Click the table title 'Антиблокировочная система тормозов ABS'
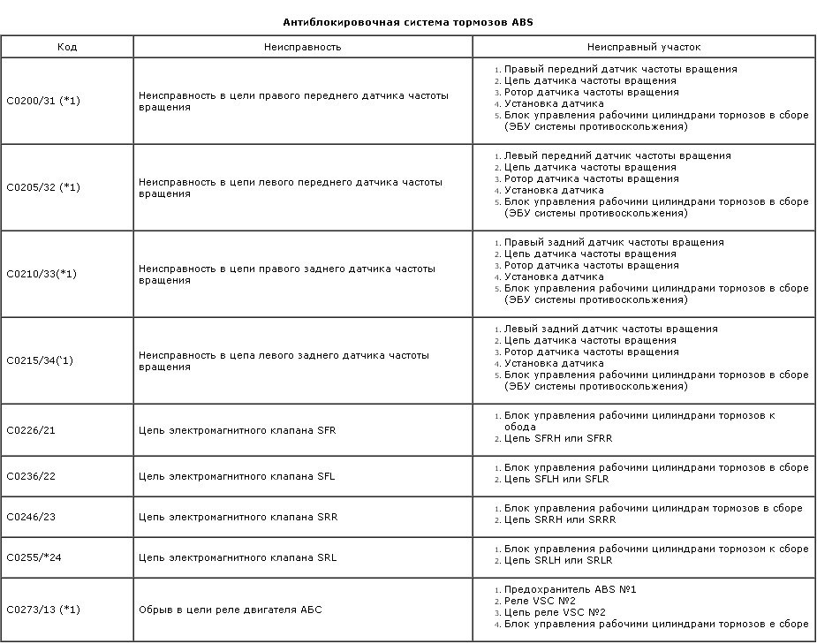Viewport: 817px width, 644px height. (x=408, y=22)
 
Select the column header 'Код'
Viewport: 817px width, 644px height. (x=67, y=47)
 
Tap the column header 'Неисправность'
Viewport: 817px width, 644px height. (x=302, y=47)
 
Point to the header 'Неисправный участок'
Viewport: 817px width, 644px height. (x=644, y=47)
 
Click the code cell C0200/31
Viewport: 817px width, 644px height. (x=43, y=102)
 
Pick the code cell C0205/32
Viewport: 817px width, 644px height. (x=43, y=188)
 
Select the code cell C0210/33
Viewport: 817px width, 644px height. (x=42, y=275)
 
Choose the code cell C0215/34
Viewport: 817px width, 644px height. (x=41, y=361)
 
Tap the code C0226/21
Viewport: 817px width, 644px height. (x=31, y=430)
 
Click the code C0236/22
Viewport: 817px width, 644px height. (x=31, y=476)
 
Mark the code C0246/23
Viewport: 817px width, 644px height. (x=31, y=517)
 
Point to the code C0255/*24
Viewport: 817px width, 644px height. (x=33, y=557)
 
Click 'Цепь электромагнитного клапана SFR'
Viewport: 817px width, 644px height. (x=238, y=430)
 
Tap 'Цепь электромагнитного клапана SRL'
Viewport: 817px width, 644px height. (x=238, y=557)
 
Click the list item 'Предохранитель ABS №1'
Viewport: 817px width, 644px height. (x=571, y=589)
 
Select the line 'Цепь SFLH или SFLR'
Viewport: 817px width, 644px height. (x=556, y=479)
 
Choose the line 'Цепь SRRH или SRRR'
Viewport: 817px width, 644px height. (x=558, y=519)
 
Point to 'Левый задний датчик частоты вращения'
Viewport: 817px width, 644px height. (x=610, y=329)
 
